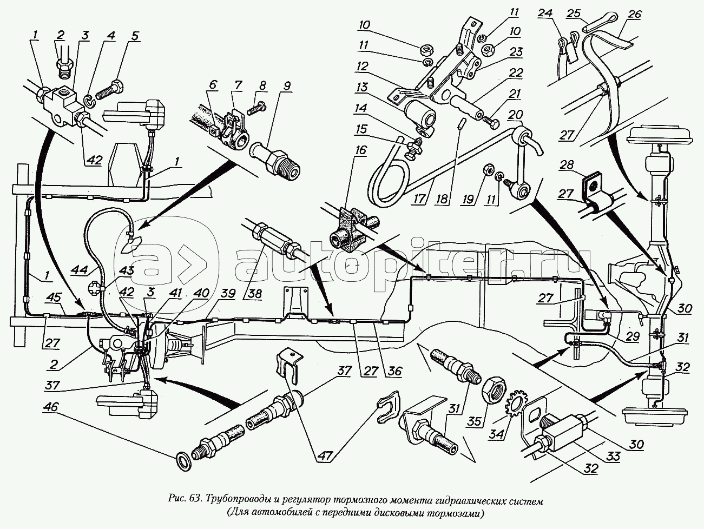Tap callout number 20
coord(516,114)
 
